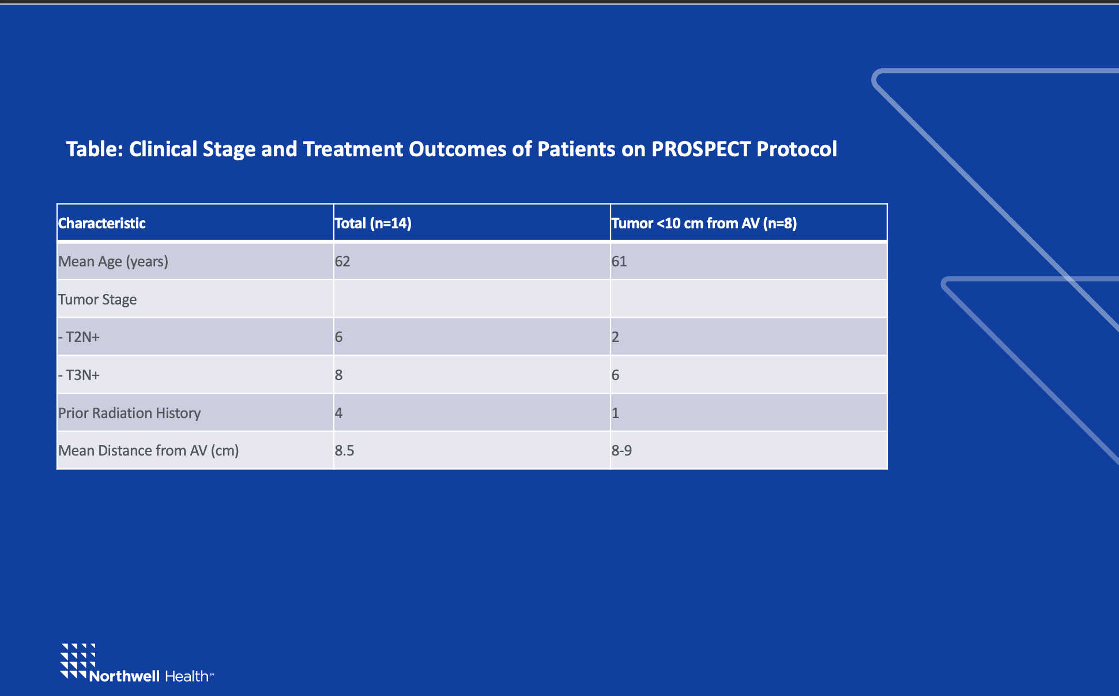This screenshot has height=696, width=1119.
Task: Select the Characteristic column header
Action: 102,223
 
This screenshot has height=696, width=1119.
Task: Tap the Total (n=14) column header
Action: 373,223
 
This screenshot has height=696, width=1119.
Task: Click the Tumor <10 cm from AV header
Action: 704,223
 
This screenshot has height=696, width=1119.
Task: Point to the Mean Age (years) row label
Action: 113,262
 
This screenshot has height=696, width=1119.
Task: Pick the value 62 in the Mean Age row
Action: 342,261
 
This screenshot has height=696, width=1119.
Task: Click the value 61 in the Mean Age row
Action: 619,261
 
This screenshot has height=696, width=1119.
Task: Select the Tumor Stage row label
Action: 97,300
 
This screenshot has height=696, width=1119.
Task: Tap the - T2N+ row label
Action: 79,337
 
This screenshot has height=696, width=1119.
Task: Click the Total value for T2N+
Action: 339,337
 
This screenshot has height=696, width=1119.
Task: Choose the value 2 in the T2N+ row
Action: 616,337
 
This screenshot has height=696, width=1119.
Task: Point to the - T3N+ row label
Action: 79,375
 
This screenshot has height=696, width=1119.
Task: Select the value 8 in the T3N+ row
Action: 339,375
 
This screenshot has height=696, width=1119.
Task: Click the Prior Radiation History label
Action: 130,413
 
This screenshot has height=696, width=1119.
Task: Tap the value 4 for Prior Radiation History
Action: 339,413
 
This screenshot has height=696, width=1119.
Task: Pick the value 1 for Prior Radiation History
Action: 616,413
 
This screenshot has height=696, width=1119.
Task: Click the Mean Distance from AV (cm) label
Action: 149,451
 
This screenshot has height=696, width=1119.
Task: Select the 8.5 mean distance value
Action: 345,451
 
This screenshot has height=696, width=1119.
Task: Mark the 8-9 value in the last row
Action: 622,451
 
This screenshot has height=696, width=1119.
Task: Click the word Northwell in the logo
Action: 125,676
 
